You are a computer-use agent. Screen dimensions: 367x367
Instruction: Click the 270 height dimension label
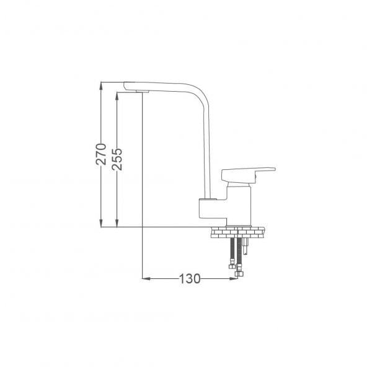[x=101, y=154]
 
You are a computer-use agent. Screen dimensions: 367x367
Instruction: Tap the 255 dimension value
[x=117, y=159]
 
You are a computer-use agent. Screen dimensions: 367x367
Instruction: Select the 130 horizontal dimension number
[x=190, y=278]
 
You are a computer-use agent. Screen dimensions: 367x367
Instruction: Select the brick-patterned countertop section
[x=237, y=232]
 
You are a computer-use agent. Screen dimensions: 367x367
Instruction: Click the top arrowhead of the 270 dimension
[x=101, y=86]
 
